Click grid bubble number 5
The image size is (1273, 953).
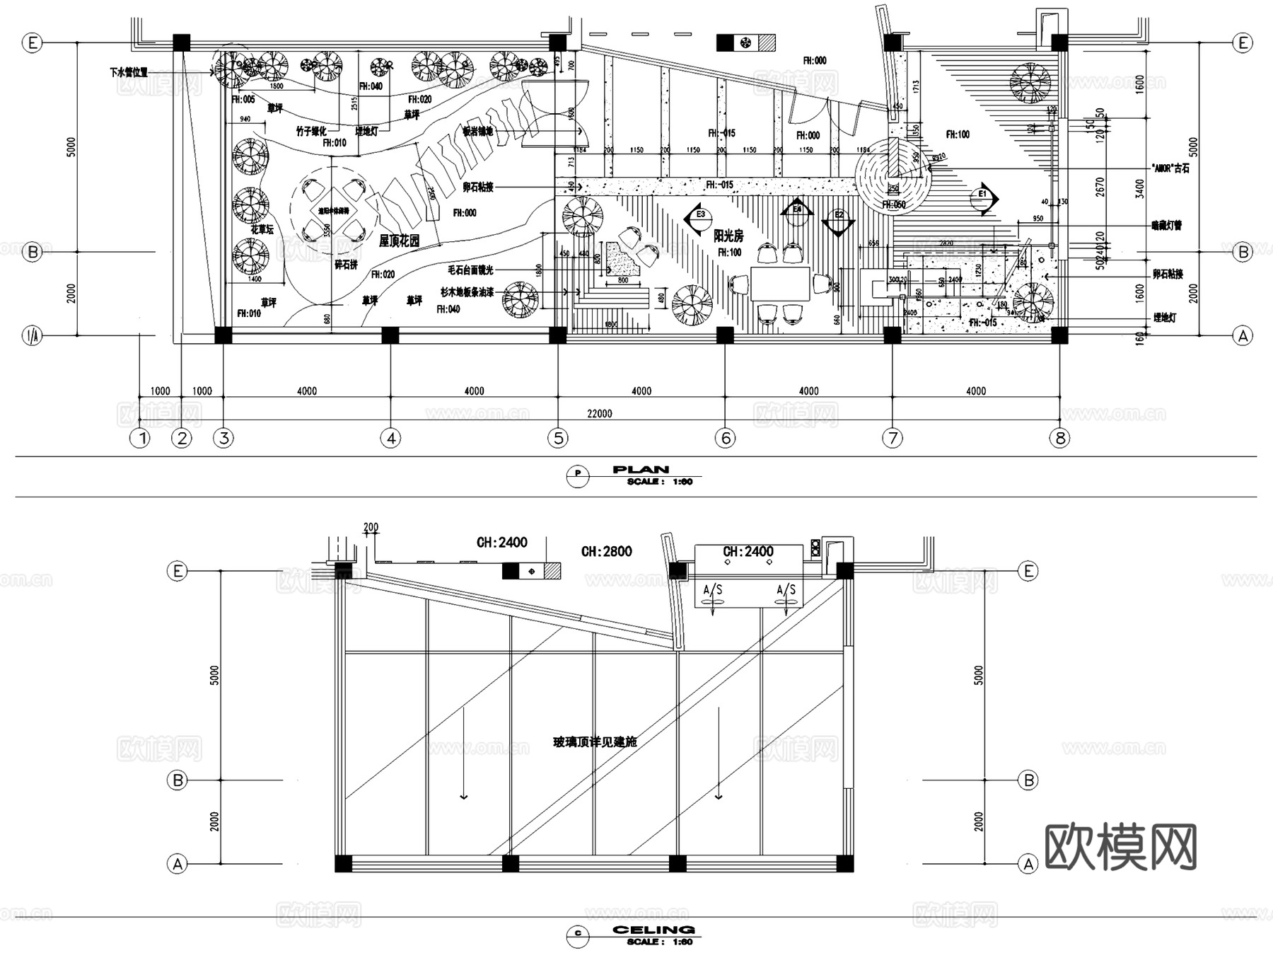coord(558,438)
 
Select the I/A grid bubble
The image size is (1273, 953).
coord(33,335)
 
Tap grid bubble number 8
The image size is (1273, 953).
coord(1059,438)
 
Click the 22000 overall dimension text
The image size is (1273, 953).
coord(599,413)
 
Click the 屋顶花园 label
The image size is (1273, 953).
coord(399,241)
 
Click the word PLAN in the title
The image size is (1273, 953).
coord(640,469)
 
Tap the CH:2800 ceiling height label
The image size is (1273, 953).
coord(606,551)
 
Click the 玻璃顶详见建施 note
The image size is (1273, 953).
coord(595,742)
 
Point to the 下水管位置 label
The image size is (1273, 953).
coord(129,72)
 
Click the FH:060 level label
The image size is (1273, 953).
coord(893,204)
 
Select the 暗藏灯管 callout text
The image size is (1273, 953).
coord(1166,226)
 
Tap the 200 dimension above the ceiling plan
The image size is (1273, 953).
coord(371,527)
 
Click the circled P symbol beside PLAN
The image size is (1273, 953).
coord(578,475)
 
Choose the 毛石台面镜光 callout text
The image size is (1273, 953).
coord(470,270)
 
